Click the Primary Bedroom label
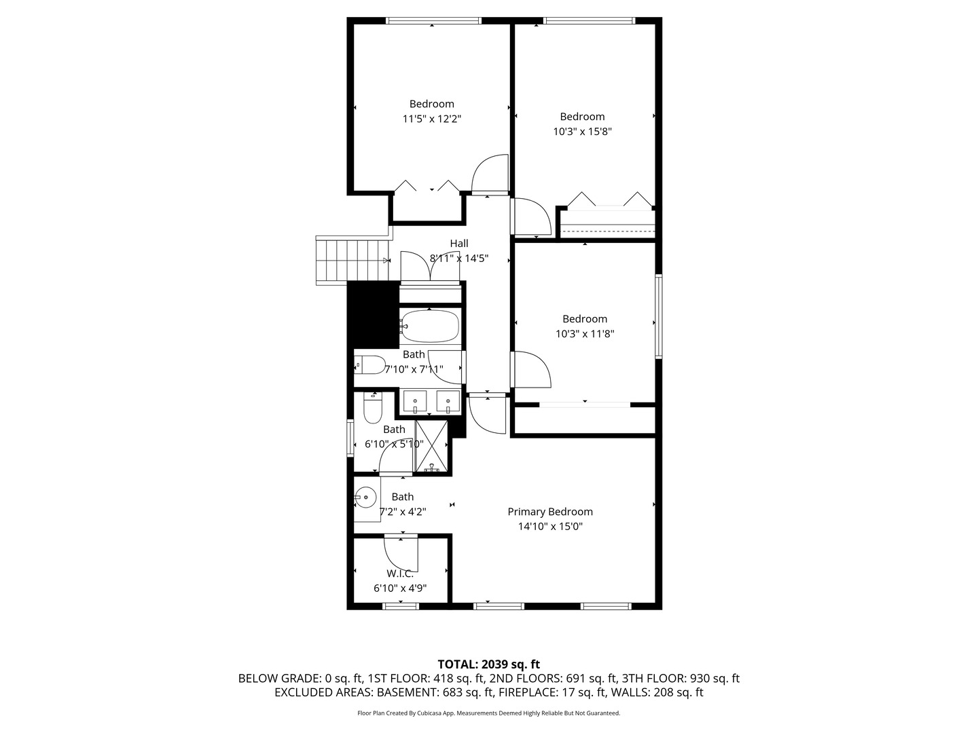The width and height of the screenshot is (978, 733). pos(550,512)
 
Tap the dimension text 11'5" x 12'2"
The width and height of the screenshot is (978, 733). pos(432,119)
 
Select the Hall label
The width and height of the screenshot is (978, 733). pos(459,244)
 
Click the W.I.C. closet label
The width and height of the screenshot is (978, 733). pos(400,574)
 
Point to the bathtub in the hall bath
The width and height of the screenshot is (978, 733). pos(429,326)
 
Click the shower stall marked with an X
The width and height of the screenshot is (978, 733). pos(431,447)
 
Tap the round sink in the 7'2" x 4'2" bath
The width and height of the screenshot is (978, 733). pos(366,498)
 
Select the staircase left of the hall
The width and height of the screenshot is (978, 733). pos(352,261)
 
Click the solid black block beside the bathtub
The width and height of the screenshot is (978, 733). pos(373,314)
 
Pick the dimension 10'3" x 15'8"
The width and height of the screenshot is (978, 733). pos(583,132)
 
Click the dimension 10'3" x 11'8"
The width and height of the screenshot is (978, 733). pos(585,334)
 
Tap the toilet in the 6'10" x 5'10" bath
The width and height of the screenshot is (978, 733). pos(373,408)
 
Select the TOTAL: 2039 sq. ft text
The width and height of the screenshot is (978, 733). pos(488,664)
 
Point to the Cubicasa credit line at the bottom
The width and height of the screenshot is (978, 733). pos(488,713)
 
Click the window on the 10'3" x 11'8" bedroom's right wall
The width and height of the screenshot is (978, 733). pos(658,316)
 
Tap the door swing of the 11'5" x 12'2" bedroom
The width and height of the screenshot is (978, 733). pos(490,174)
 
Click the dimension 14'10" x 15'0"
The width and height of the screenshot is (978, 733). pos(550,527)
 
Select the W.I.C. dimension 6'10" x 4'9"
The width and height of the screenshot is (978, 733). pos(400,588)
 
